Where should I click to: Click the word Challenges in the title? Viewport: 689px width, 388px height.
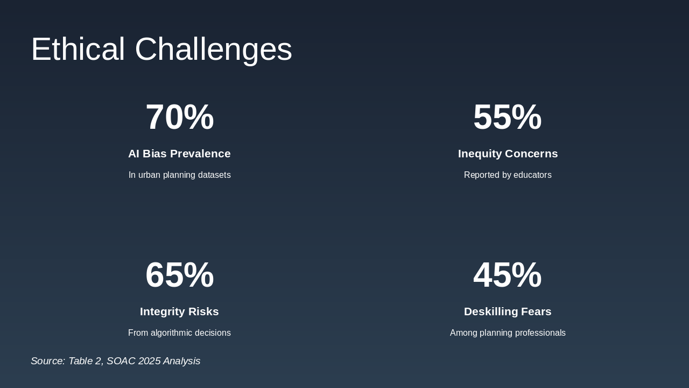pos(213,49)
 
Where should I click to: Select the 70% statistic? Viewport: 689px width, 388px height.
pos(179,117)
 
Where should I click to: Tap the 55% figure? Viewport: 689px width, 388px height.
pos(507,117)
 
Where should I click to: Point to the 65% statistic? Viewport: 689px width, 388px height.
pos(179,275)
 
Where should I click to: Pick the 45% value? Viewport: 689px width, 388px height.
pos(507,275)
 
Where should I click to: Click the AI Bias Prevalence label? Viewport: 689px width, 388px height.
pos(179,154)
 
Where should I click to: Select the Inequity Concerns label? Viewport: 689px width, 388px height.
pos(508,154)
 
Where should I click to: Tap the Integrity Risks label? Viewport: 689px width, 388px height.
pos(179,311)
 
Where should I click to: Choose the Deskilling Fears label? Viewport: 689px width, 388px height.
pos(508,311)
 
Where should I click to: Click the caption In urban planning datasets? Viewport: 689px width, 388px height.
pos(179,175)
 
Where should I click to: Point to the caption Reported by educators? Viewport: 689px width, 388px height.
pos(508,175)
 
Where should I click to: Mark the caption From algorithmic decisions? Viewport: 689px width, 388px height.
pos(179,333)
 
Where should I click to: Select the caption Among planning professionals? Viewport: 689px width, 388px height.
pos(508,333)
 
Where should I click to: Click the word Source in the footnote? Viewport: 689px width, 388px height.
pos(47,361)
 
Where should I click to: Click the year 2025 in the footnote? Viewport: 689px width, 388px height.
pos(149,361)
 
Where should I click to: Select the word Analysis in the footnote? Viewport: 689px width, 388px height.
pos(181,361)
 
